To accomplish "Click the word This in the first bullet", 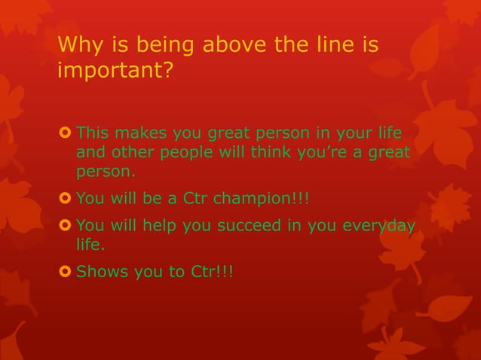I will tap(92, 135).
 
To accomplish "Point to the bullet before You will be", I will tap(65, 200).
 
